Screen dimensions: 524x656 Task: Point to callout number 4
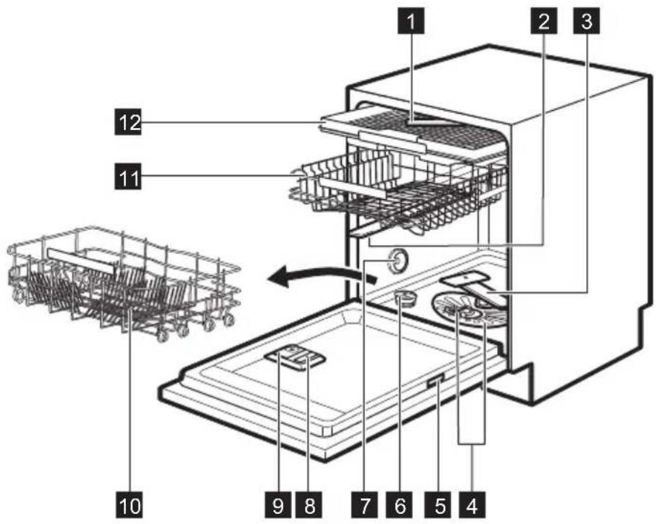coord(472,505)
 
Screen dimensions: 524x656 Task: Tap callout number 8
coord(310,505)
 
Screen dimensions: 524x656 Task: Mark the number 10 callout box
coord(129,505)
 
